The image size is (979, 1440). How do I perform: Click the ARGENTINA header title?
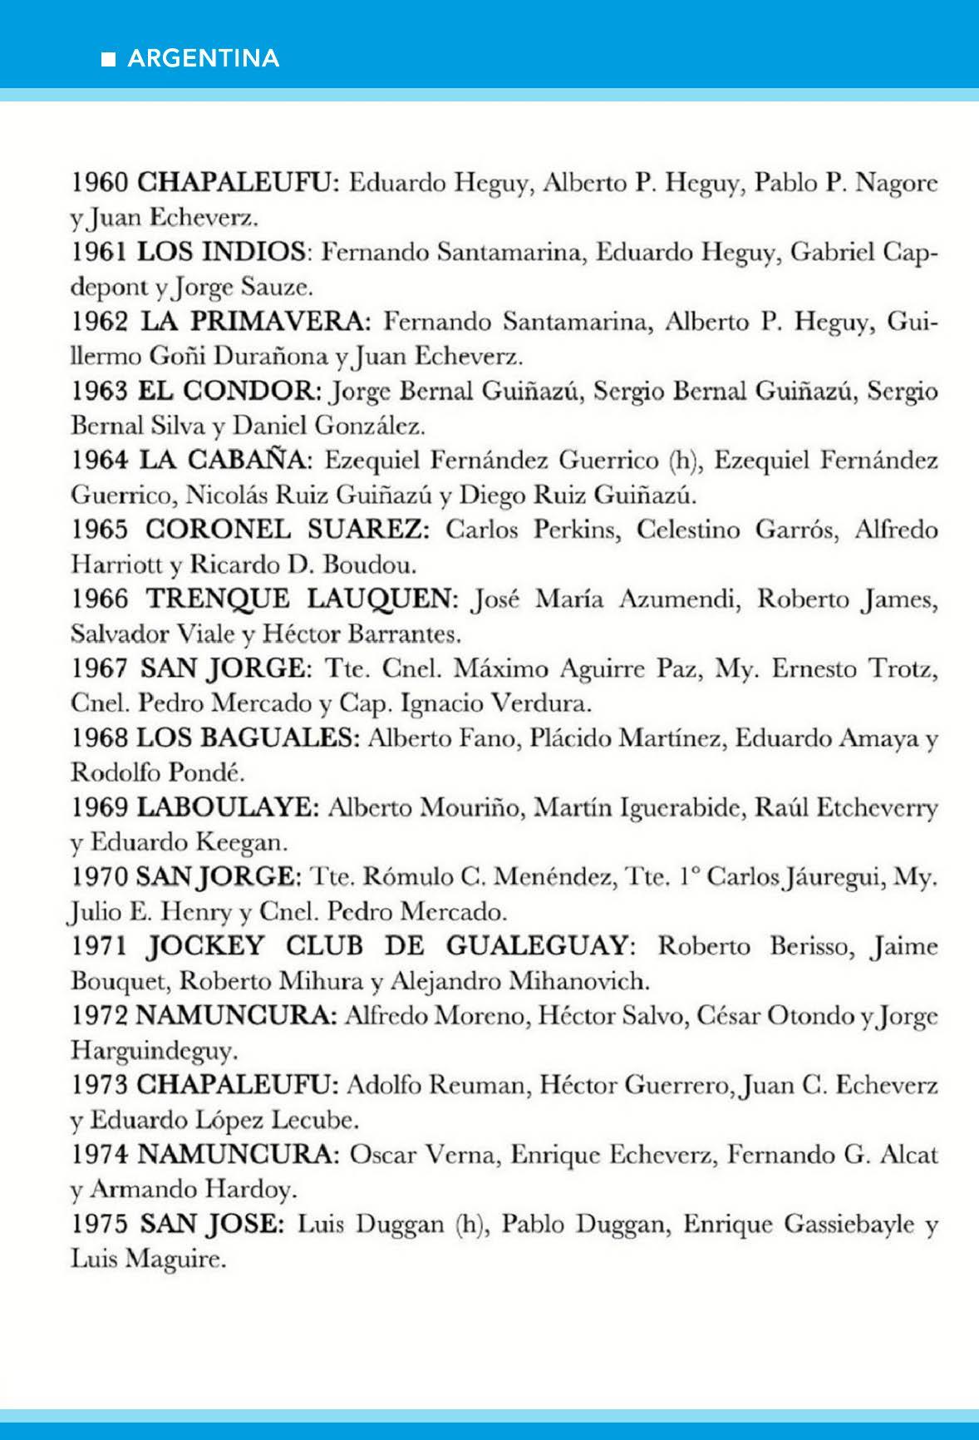point(204,58)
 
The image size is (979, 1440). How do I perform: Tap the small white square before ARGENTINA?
point(108,59)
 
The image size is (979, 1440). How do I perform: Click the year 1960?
point(98,182)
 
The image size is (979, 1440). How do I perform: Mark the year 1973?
point(98,1085)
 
